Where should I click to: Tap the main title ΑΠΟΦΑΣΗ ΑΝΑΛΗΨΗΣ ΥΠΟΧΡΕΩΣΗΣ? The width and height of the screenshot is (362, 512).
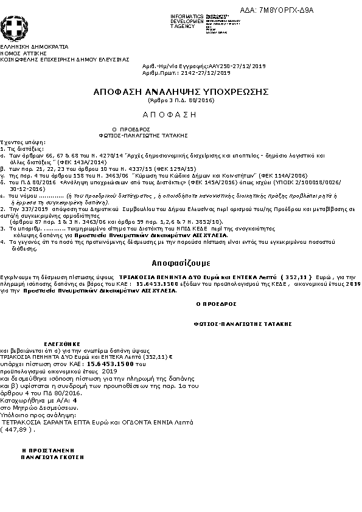coord(181,91)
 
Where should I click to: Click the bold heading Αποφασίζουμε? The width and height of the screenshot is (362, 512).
coord(181,263)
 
